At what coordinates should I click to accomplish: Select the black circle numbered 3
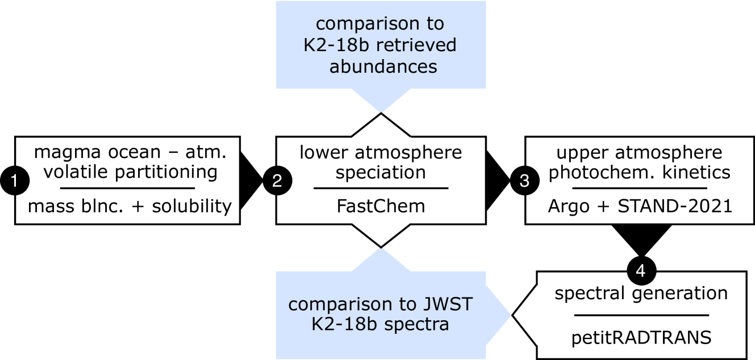point(524,181)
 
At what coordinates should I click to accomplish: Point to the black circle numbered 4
point(640,271)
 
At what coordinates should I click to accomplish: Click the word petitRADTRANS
point(641,338)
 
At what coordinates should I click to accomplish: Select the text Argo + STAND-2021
point(640,206)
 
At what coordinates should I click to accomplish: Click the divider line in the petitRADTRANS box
point(641,315)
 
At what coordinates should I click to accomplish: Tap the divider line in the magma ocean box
point(128,188)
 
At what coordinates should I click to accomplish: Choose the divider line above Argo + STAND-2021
point(640,188)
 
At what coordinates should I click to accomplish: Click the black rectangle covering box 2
point(381,180)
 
